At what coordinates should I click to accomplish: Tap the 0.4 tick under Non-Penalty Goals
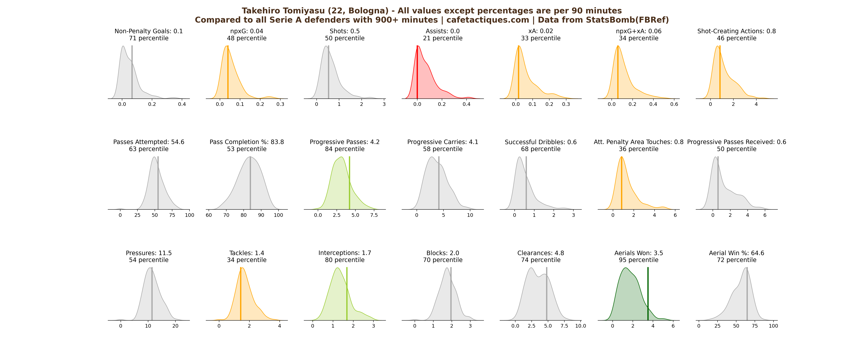[x=182, y=104]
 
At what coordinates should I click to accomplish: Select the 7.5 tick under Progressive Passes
[x=374, y=215]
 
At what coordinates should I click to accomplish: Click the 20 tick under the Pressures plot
[x=175, y=326]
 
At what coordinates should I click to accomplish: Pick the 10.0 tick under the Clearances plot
[x=581, y=326]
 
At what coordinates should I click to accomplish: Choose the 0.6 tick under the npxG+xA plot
[x=674, y=104]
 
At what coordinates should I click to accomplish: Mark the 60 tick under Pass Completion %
[x=209, y=215]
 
